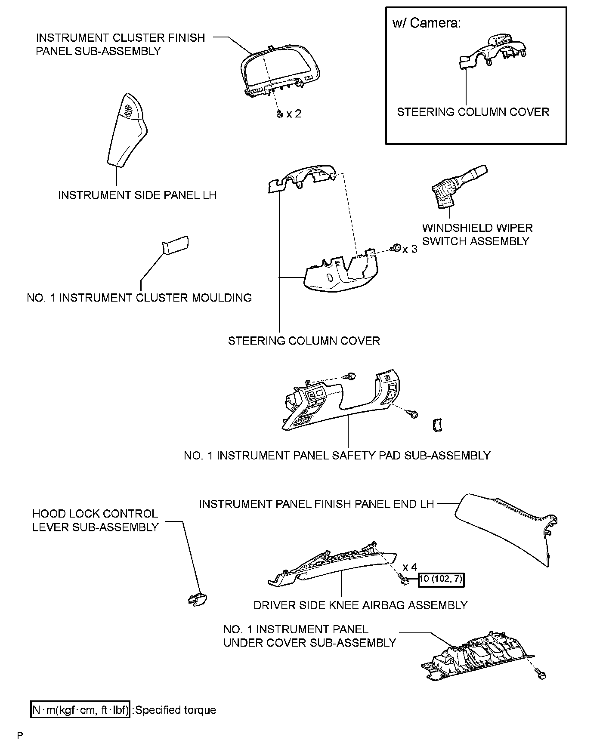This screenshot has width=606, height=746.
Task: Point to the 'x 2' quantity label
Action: click(x=294, y=114)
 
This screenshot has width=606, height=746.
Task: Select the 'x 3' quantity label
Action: click(x=410, y=250)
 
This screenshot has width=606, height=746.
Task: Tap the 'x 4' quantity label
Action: click(x=410, y=567)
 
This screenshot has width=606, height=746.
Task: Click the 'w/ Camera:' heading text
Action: click(x=426, y=23)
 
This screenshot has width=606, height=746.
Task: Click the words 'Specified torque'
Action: click(x=176, y=710)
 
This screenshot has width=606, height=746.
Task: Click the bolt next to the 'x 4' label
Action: click(x=404, y=580)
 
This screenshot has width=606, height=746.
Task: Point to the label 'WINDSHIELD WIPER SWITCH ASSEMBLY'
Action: click(x=477, y=234)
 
